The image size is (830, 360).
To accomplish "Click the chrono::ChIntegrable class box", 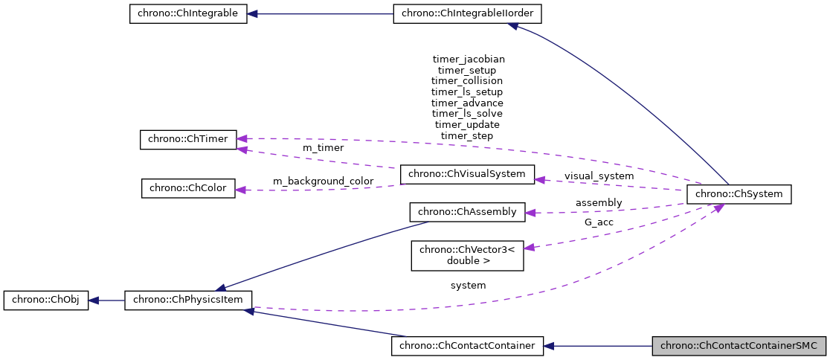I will tap(187, 14).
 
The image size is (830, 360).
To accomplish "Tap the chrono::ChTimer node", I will tap(188, 139).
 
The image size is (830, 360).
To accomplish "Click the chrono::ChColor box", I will tap(188, 188).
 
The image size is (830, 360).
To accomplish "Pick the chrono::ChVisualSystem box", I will tap(467, 175).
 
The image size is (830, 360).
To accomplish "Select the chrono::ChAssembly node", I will tap(467, 212).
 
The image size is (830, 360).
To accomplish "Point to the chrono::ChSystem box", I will tap(739, 194).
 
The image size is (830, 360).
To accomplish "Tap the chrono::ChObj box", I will tap(46, 300).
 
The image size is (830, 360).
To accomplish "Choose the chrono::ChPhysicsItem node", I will tap(188, 300).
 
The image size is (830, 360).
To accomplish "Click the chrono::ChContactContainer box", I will tap(467, 345).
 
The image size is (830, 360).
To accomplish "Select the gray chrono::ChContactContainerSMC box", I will tap(739, 345).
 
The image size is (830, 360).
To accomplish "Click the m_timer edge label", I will tap(323, 148).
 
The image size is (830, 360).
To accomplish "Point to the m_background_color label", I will tap(322, 181).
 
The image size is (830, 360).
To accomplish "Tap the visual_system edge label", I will tap(599, 176).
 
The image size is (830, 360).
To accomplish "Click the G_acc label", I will tap(599, 222).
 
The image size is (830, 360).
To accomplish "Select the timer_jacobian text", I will tap(468, 58).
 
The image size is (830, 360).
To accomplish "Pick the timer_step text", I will tap(467, 136).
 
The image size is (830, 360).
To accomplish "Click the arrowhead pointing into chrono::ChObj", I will tap(94, 300).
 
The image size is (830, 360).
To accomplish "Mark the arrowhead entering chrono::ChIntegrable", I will tap(253, 14).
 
